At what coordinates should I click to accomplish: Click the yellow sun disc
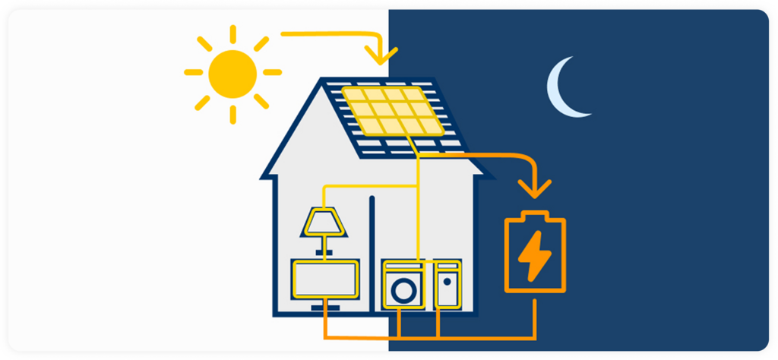coord(233,72)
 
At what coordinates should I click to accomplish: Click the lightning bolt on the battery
coord(535,254)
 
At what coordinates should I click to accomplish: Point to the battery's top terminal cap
coord(536,214)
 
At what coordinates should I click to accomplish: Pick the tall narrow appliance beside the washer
coord(447,285)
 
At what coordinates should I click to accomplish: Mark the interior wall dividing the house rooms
coord(372,251)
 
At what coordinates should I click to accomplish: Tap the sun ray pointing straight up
coord(233,33)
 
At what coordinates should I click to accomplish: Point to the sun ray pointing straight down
coord(233,113)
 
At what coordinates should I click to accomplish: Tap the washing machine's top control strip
coord(403,266)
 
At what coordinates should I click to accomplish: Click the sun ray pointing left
coord(193,73)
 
